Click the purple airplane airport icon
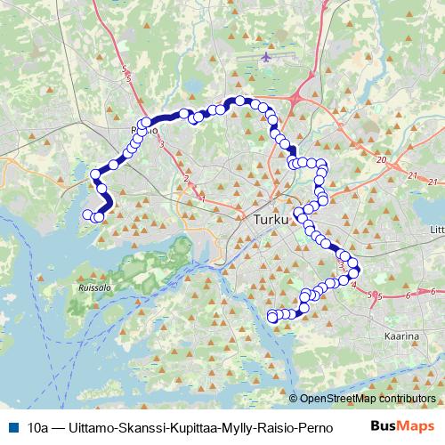[x=268, y=58]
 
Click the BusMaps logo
[x=402, y=425]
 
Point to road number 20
[x=381, y=160]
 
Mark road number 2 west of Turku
[x=186, y=179]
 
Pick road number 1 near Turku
[x=202, y=198]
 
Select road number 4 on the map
[x=354, y=285]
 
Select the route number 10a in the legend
[x=37, y=426]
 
